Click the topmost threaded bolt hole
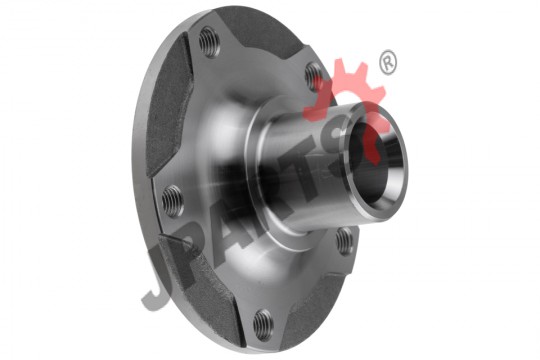pos(209,42)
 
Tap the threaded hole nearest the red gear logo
pos(313,76)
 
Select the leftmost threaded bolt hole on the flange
pos(172,201)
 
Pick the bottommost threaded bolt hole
pos(263,325)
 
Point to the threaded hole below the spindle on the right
pos(344,241)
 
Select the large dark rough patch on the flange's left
pos(168,107)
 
